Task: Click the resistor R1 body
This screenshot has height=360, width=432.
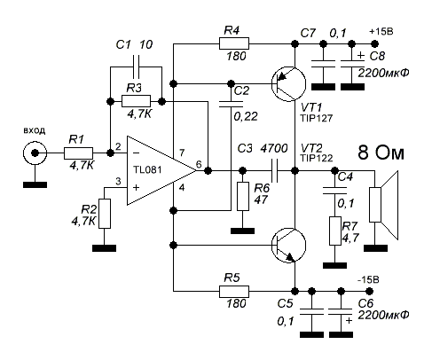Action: coord(78,153)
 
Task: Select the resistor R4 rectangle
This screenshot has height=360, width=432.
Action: coord(234,43)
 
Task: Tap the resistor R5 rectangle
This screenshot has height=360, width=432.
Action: coord(234,292)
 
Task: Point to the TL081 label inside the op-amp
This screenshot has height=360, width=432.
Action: coord(147,170)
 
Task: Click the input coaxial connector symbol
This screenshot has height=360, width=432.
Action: coord(35,153)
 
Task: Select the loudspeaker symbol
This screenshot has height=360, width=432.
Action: coord(384,205)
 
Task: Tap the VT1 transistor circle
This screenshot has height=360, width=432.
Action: coord(288,84)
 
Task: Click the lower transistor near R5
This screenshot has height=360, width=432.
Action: coord(288,245)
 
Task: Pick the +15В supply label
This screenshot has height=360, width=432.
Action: coord(381,32)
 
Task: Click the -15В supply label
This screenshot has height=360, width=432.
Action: coord(368,279)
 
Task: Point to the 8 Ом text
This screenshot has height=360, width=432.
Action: coord(381,153)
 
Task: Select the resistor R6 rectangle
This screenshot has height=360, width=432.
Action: coord(243,196)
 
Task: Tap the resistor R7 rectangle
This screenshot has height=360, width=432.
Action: coord(335,231)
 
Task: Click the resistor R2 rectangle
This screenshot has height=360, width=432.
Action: coord(105,214)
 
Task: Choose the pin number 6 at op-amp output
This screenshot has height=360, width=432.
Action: coord(199,164)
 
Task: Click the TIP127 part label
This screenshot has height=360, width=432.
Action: coord(317,118)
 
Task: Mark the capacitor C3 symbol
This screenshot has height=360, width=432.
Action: coord(275,170)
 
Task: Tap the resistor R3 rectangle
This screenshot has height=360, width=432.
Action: coord(136,101)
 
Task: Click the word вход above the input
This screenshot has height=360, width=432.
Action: coord(35,131)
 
